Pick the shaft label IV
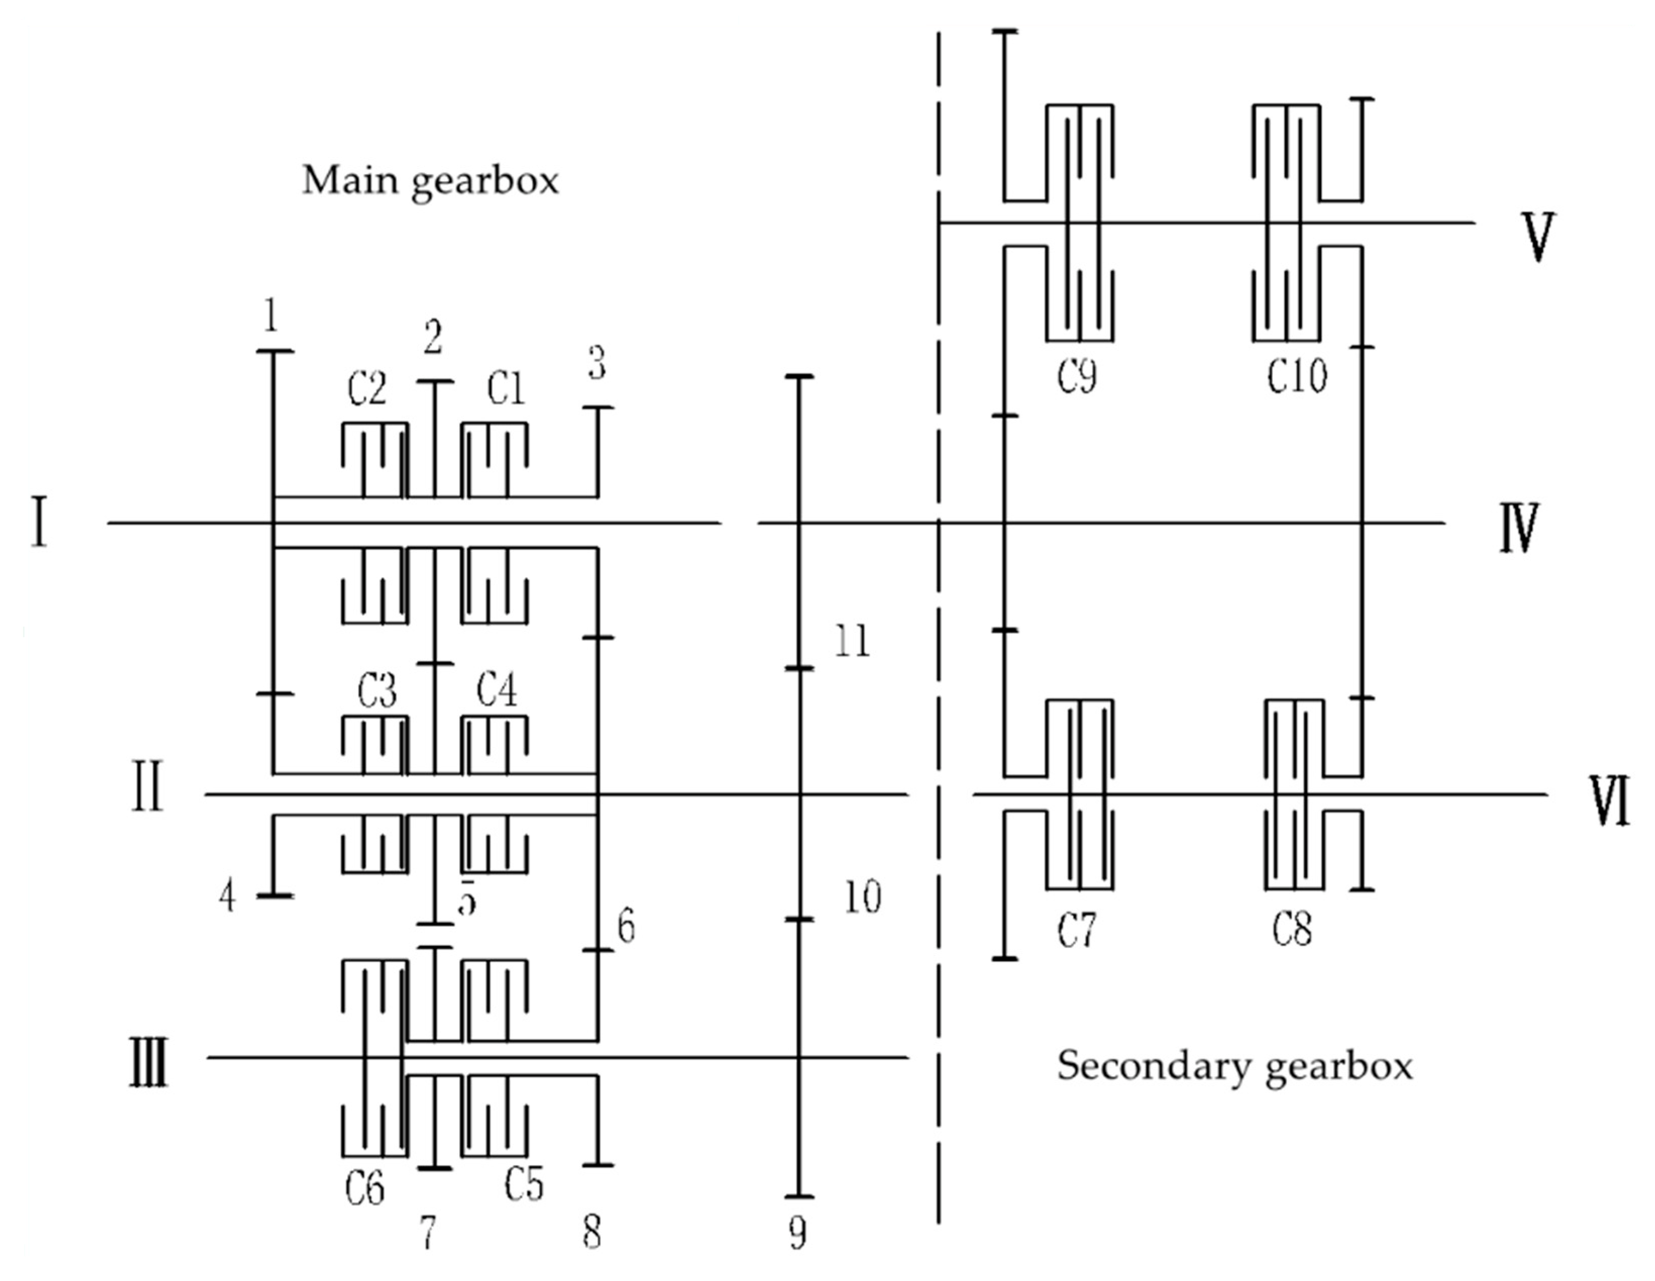click(x=1519, y=528)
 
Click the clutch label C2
click(x=367, y=390)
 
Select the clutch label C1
click(x=506, y=389)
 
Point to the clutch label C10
click(x=1297, y=376)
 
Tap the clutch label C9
click(x=1077, y=376)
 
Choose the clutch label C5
click(x=524, y=1184)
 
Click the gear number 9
click(x=797, y=1235)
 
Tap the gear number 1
click(x=270, y=315)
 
